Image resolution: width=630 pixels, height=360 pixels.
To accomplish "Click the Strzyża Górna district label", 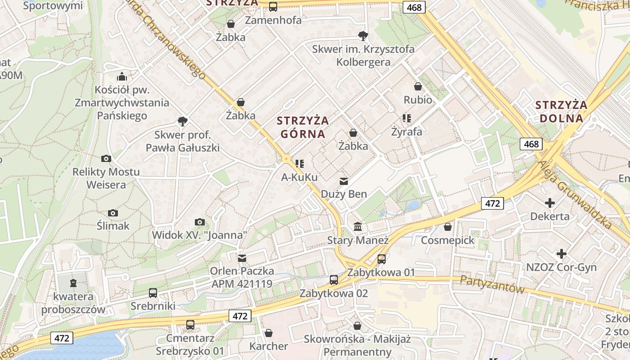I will [x=303, y=127].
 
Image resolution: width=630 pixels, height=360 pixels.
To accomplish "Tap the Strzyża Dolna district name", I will [x=561, y=112].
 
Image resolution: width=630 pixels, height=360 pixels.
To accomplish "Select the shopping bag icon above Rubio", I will [x=418, y=86].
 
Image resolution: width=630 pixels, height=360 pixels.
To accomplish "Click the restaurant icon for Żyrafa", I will [x=407, y=118].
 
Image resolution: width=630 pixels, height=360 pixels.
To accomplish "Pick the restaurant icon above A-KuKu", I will [x=300, y=164].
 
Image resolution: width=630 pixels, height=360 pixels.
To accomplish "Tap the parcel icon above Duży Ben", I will [x=344, y=181].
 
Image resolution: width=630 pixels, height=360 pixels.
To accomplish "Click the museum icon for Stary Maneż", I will [x=358, y=227].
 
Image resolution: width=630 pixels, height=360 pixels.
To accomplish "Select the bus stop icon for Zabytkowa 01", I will [x=382, y=259].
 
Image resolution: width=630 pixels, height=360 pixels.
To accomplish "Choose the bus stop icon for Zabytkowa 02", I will [x=334, y=280].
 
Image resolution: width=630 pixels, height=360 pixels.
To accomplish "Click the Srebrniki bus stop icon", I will [x=153, y=293].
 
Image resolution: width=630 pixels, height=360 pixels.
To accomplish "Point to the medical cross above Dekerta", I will [x=549, y=203].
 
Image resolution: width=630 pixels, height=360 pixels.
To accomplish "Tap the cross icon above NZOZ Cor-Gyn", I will [x=561, y=254].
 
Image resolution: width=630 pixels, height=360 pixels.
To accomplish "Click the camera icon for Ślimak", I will [x=113, y=213].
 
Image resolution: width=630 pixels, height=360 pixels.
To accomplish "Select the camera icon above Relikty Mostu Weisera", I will [x=106, y=158].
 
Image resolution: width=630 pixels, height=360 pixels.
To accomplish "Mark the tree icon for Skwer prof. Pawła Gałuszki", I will [x=183, y=121].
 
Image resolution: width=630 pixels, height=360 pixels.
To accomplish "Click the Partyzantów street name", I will [x=492, y=283].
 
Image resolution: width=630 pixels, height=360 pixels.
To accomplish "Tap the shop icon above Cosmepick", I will [x=447, y=227].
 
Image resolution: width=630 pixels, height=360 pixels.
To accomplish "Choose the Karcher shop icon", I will [x=269, y=333].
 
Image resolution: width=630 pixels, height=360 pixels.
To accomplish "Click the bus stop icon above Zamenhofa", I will [x=273, y=7].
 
